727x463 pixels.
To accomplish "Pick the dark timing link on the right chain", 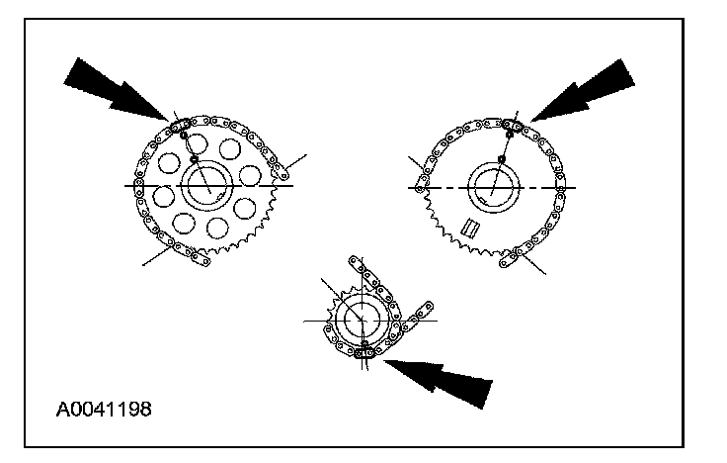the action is (x=513, y=125).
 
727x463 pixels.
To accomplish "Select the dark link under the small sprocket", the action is (x=365, y=348).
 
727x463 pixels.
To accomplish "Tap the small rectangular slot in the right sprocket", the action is (x=470, y=229).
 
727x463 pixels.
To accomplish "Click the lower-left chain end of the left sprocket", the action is (x=199, y=259).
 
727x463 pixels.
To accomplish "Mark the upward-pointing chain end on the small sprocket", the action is (x=356, y=264).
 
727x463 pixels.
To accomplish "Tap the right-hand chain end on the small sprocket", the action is (x=426, y=309).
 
